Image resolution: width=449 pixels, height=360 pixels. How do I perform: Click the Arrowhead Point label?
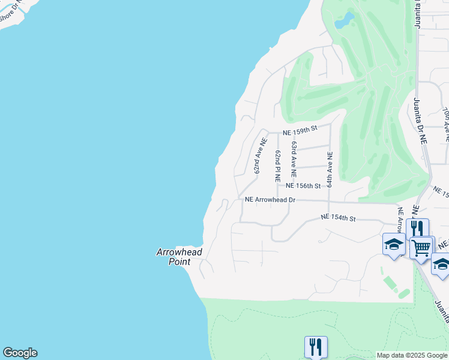pyautogui.click(x=179, y=257)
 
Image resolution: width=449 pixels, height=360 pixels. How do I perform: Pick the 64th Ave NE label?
pyautogui.click(x=330, y=169)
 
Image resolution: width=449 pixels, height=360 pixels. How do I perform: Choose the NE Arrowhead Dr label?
pyautogui.click(x=271, y=199)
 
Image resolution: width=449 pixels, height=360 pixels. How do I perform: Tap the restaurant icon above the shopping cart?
pyautogui.click(x=417, y=229)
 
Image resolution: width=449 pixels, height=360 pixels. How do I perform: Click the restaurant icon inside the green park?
pyautogui.click(x=316, y=346)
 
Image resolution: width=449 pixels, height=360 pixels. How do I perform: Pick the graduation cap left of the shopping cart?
pyautogui.click(x=394, y=244)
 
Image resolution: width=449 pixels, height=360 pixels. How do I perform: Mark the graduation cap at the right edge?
pyautogui.click(x=441, y=264)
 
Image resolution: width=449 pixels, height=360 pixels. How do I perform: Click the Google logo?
pyautogui.click(x=20, y=353)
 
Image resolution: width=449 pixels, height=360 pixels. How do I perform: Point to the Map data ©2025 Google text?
pyautogui.click(x=412, y=355)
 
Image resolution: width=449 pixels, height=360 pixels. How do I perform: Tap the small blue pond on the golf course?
pyautogui.click(x=344, y=22)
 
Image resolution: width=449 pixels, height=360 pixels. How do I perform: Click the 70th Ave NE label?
pyautogui.click(x=445, y=125)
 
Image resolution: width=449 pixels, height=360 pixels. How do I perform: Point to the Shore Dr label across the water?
pyautogui.click(x=11, y=16)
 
